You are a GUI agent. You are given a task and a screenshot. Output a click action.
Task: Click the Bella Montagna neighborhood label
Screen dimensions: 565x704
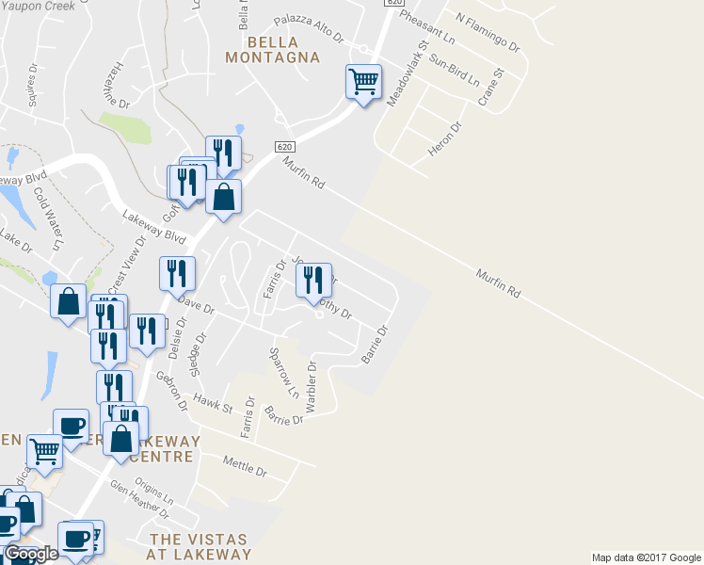coord(273,50)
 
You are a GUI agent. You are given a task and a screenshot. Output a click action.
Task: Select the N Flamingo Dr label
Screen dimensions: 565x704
coord(488,31)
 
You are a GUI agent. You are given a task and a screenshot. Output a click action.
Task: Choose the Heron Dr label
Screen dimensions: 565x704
coord(444,139)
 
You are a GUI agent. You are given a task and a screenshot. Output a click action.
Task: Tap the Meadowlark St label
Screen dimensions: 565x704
coord(404,72)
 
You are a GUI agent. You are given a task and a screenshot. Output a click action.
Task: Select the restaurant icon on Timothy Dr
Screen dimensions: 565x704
coord(313,281)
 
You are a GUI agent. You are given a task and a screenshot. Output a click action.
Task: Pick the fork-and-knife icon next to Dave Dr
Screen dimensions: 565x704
coord(177,274)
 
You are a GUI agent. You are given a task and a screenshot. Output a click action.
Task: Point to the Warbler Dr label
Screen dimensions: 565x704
coord(312,386)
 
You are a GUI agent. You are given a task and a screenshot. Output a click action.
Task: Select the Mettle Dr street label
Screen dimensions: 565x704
coord(246,464)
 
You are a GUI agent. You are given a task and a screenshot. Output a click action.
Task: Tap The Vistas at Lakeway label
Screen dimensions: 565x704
coord(199,547)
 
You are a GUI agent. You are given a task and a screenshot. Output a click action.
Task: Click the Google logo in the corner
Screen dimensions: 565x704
coord(31,554)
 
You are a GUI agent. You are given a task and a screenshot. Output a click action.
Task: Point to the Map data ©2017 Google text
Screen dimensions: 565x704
coord(646,557)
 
